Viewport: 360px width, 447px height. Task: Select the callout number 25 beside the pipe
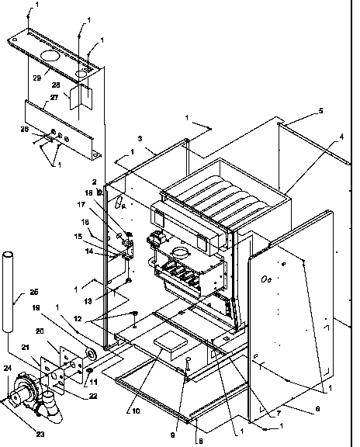coord(33,293)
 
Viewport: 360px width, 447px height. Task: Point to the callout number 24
coord(8,369)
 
